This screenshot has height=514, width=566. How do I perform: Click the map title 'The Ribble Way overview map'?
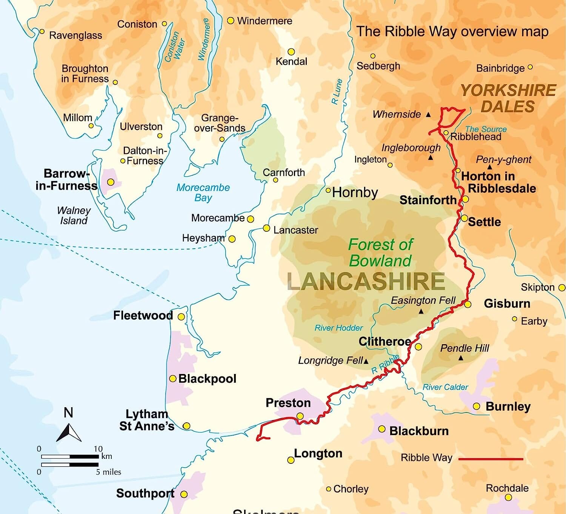click(x=452, y=31)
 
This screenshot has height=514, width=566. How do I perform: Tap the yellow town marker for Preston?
click(x=300, y=416)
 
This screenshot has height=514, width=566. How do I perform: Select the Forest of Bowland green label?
click(x=380, y=252)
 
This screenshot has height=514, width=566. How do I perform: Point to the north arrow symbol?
click(x=69, y=432)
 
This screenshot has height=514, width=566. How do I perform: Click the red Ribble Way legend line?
click(x=491, y=459)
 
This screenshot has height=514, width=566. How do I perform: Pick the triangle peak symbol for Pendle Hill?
click(x=461, y=358)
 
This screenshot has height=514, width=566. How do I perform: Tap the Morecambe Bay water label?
click(x=203, y=192)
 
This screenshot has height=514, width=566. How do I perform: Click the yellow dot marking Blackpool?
click(x=173, y=379)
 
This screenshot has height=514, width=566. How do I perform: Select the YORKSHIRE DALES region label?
click(x=508, y=98)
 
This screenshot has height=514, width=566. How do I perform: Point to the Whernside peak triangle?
click(x=428, y=114)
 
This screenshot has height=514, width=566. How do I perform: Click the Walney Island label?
click(x=74, y=215)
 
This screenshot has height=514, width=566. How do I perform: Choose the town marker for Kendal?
click(x=291, y=52)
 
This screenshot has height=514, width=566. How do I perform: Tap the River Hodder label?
click(x=338, y=328)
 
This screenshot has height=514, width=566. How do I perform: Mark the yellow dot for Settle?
click(x=464, y=218)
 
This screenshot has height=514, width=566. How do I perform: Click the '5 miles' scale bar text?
click(x=108, y=472)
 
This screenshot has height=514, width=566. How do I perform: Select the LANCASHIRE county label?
click(x=366, y=282)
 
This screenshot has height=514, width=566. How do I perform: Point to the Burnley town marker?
click(x=477, y=406)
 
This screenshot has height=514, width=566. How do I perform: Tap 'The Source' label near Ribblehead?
click(x=486, y=129)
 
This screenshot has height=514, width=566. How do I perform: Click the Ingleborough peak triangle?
click(x=431, y=158)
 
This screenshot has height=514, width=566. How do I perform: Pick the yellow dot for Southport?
click(x=184, y=494)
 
